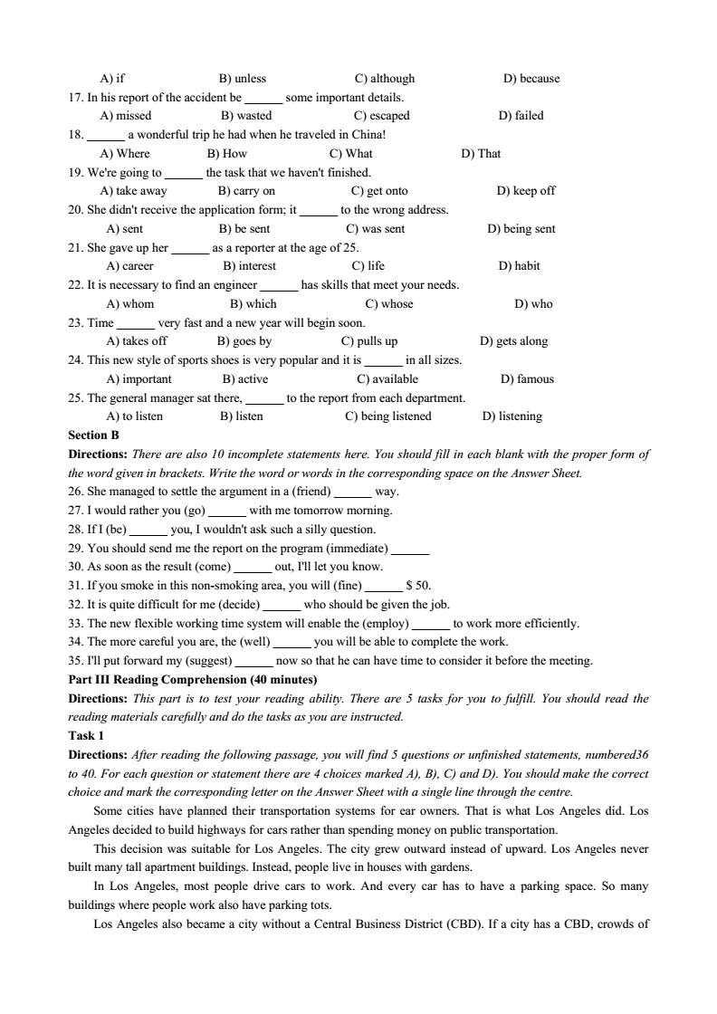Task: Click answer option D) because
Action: pyautogui.click(x=531, y=79)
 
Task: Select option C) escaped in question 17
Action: pyautogui.click(x=382, y=116)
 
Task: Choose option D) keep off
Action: pyautogui.click(x=526, y=191)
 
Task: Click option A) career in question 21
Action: pyautogui.click(x=130, y=266)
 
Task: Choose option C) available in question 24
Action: pyautogui.click(x=387, y=379)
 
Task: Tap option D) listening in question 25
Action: pyautogui.click(x=512, y=416)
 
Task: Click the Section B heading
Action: pyautogui.click(x=94, y=435)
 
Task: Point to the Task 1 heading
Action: pyautogui.click(x=87, y=736)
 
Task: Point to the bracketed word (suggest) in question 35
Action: pyautogui.click(x=206, y=661)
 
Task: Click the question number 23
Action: pyautogui.click(x=76, y=323)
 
